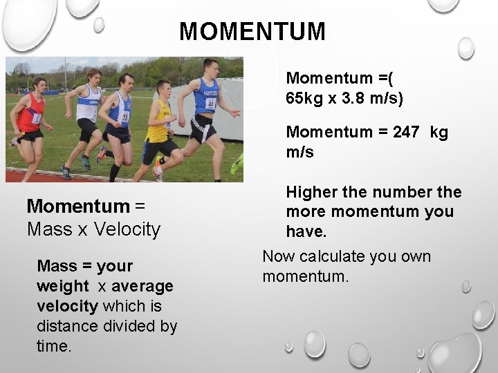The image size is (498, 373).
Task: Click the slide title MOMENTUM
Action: pos(252,32)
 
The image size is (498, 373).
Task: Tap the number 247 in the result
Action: pos(405,132)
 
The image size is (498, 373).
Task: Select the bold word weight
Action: pos(63,286)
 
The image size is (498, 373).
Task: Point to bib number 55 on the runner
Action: pos(124,117)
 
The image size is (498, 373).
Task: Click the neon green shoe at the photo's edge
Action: pos(237,164)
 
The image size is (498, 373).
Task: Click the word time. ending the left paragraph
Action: pos(54,346)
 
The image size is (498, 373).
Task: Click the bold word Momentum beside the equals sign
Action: pos(77,206)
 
